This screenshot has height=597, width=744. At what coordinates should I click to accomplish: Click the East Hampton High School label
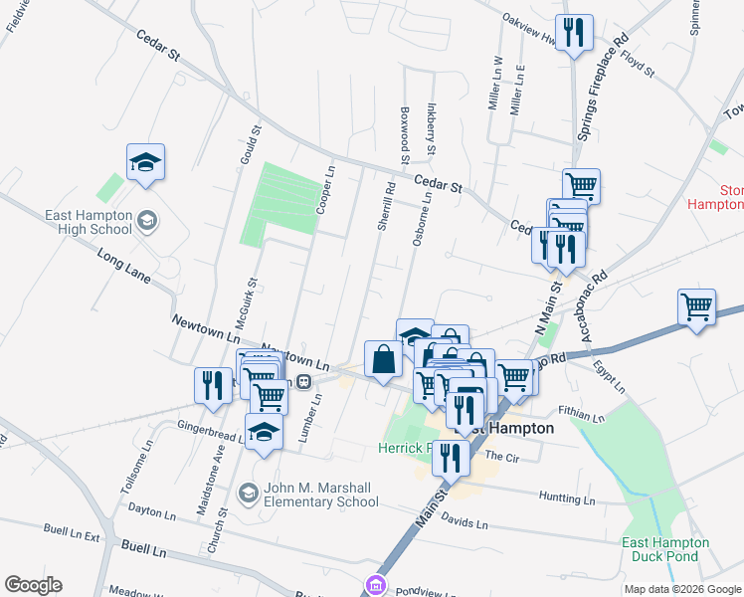click(88, 222)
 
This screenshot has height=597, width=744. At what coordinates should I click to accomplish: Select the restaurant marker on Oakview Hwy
click(574, 33)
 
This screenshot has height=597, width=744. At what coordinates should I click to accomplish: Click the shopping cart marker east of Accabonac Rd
click(696, 306)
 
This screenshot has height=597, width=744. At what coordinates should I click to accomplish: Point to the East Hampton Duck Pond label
click(665, 549)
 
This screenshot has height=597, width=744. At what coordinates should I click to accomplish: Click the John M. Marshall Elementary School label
click(320, 495)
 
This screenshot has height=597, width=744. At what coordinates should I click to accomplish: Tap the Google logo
click(33, 585)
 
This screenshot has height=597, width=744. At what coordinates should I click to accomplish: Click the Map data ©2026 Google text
click(681, 589)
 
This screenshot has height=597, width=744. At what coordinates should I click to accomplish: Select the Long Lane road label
click(122, 268)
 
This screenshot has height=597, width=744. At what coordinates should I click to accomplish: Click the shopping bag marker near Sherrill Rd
click(383, 360)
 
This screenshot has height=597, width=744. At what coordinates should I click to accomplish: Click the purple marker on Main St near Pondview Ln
click(375, 585)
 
